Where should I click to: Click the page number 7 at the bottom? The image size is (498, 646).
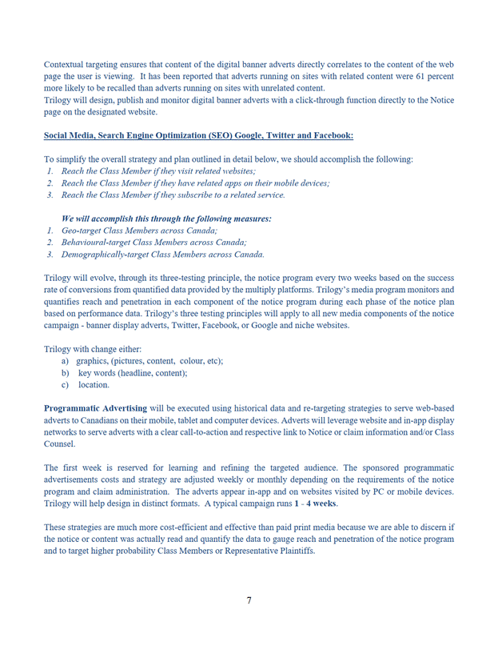249,601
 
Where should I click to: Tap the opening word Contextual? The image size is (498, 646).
67,64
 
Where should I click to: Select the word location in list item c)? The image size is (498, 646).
94,385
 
